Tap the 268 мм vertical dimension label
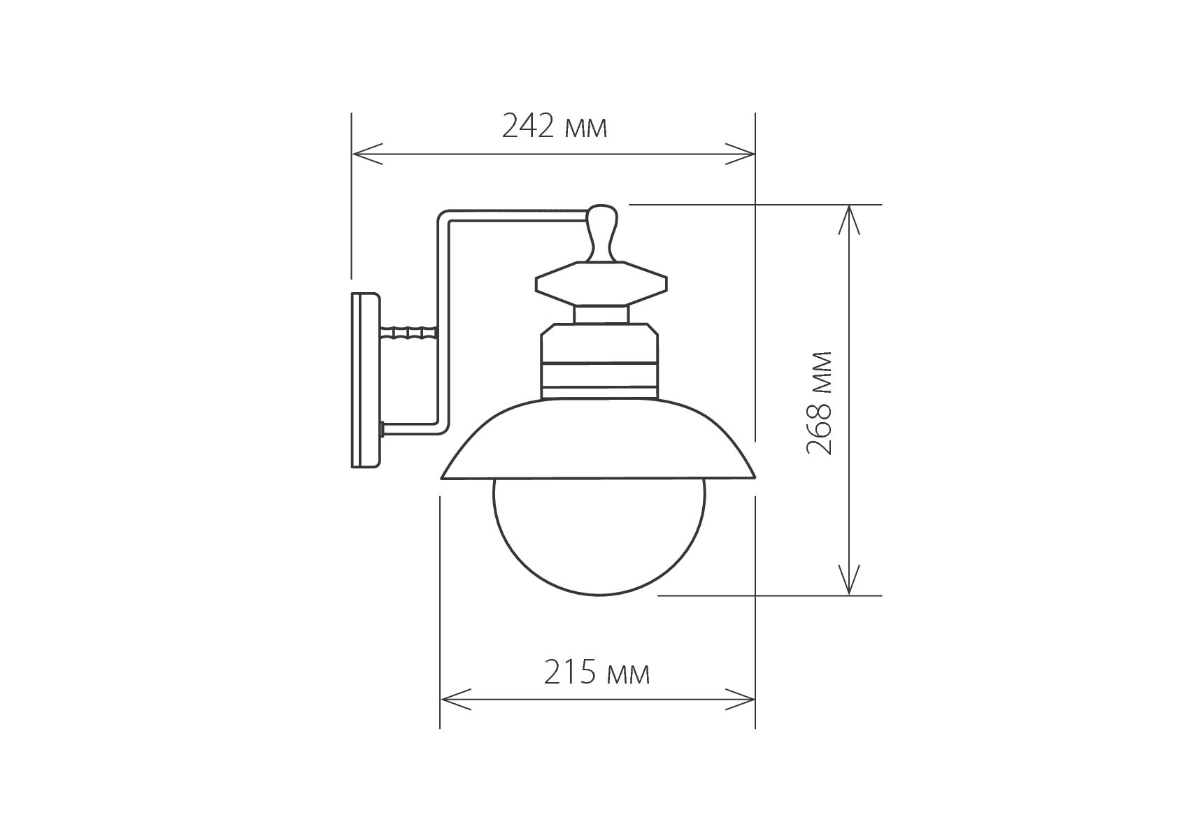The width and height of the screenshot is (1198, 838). [820, 403]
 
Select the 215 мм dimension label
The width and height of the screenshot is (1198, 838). [597, 673]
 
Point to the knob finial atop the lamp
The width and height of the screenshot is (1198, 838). [602, 233]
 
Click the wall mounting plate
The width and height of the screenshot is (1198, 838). [365, 380]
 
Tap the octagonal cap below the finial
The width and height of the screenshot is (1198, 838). [601, 283]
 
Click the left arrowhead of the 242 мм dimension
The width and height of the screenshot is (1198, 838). [367, 154]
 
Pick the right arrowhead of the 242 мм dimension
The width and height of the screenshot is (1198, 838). [740, 154]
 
